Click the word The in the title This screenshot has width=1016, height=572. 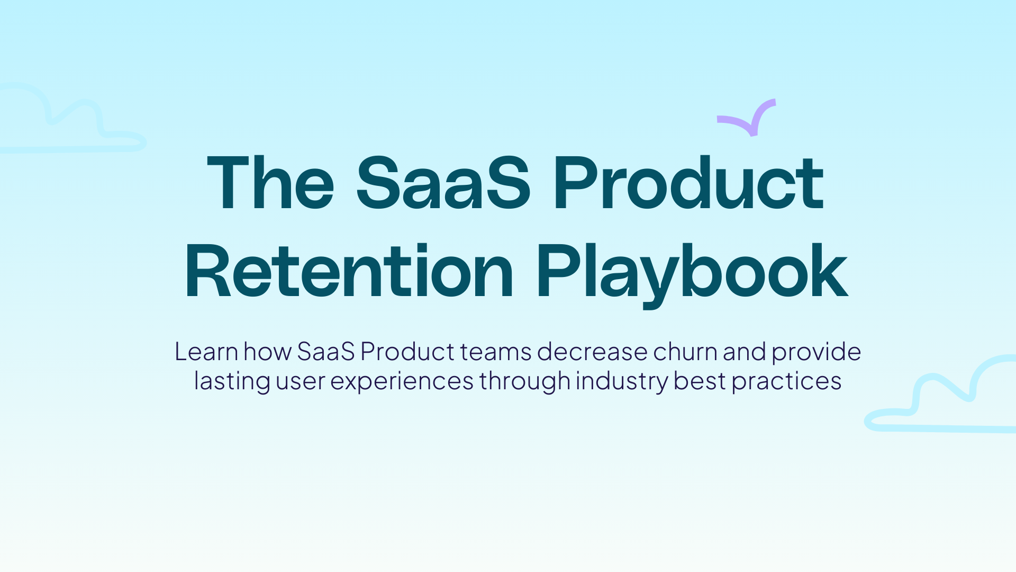pos(270,183)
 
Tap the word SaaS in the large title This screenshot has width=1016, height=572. pos(443,183)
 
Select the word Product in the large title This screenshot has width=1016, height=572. pos(688,183)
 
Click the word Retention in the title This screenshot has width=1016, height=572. pos(349,272)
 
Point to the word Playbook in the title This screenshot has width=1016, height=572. pos(692,272)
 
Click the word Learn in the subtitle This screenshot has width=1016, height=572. pos(206,352)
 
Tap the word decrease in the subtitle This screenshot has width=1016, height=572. pos(592,352)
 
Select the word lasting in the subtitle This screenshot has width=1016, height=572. pos(232,381)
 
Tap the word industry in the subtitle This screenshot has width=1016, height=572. pos(622,381)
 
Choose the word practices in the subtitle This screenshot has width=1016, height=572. pos(786,381)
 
